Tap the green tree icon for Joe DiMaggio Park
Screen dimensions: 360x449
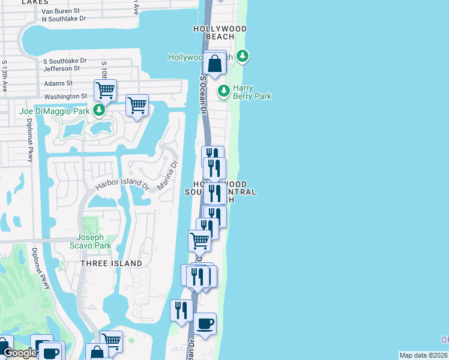[x=99, y=110]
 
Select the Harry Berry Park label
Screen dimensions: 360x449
[x=252, y=92]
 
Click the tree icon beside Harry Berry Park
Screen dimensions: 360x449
[x=224, y=91]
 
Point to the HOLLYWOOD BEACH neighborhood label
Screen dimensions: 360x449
[x=220, y=32]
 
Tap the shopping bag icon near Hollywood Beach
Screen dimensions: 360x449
[x=214, y=63]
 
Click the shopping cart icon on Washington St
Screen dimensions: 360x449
[x=105, y=91]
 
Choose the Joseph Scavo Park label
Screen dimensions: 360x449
[x=94, y=241]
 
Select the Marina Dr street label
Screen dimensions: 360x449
[x=167, y=175]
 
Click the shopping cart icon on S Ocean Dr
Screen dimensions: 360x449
[x=199, y=241]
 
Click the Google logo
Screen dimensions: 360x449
[x=19, y=353]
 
